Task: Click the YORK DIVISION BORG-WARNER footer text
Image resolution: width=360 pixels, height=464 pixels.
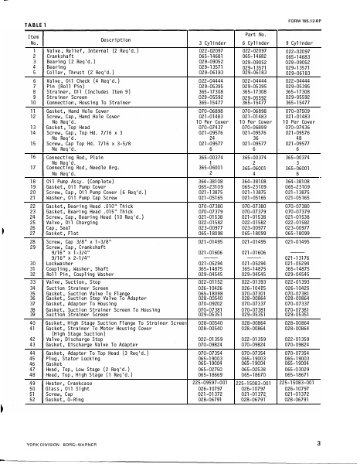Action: click(x=61, y=443)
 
